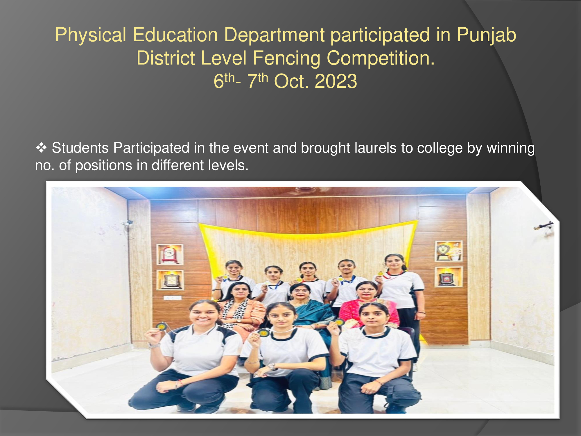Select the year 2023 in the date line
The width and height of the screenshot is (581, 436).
(x=336, y=81)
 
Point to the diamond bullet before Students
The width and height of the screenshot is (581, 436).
(x=41, y=148)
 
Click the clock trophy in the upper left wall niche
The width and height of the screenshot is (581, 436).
(x=170, y=254)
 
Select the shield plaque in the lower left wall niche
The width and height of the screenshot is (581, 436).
(x=170, y=280)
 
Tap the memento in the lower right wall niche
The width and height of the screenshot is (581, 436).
(x=448, y=277)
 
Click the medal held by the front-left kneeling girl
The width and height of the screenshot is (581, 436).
(x=161, y=326)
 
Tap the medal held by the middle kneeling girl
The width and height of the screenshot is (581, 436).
(x=263, y=333)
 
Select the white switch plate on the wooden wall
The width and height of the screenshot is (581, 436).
(x=173, y=297)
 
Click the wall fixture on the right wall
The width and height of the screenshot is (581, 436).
(x=544, y=226)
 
